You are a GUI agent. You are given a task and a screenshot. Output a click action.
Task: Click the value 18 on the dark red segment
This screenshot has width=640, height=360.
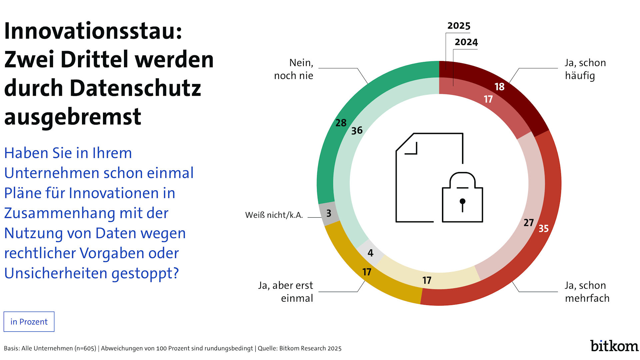tap(499, 87)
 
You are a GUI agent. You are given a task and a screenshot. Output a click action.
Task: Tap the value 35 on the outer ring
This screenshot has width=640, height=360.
tap(543, 228)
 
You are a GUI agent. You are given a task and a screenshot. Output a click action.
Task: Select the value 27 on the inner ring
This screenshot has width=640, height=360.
tap(528, 222)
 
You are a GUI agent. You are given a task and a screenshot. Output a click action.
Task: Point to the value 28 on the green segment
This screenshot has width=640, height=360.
tap(341, 123)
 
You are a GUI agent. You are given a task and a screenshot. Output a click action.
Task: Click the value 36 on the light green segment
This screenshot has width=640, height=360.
tap(357, 131)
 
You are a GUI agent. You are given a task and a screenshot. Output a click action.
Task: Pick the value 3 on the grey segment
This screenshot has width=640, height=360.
tap(329, 213)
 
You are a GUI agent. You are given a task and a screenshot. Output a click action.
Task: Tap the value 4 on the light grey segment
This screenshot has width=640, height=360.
tap(370, 253)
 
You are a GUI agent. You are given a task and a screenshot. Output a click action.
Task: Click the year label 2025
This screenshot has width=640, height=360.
tap(459, 26)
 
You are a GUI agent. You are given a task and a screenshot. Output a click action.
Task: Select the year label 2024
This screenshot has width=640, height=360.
tap(466, 42)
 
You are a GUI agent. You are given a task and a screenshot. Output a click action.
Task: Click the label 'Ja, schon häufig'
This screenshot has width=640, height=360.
tap(585, 69)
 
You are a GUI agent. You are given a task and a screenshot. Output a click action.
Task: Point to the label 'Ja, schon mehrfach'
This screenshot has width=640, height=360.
tap(587, 292)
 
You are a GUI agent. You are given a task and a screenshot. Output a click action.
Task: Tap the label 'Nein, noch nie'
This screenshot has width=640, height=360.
tap(294, 69)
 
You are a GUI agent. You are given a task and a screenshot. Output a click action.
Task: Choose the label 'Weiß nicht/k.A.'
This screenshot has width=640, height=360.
tap(274, 215)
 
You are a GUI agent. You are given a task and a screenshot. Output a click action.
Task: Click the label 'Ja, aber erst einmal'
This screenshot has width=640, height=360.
tap(286, 292)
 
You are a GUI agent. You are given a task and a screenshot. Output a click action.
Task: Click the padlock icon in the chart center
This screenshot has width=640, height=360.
tap(462, 198)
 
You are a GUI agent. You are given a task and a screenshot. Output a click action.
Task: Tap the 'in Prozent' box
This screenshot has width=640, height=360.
tap(29, 322)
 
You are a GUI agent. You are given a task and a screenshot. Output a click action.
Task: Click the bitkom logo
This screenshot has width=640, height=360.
tap(614, 346)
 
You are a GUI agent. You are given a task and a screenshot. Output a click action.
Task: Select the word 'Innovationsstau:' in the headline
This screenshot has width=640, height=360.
tap(93, 31)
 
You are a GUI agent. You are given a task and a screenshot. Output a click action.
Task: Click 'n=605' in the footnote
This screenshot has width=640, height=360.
tap(85, 348)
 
